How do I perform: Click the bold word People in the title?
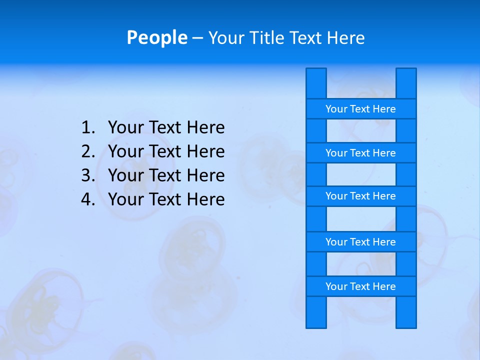tap(157, 37)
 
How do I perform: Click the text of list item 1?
tap(166, 128)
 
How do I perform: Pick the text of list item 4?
tap(166, 199)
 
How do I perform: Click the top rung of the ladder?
tap(360, 109)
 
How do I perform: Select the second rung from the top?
tap(360, 153)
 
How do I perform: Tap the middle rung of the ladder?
tap(360, 196)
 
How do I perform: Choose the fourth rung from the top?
tap(360, 242)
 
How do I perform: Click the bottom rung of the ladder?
tap(360, 286)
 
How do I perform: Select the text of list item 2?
tap(166, 151)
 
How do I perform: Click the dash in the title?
tap(197, 37)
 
